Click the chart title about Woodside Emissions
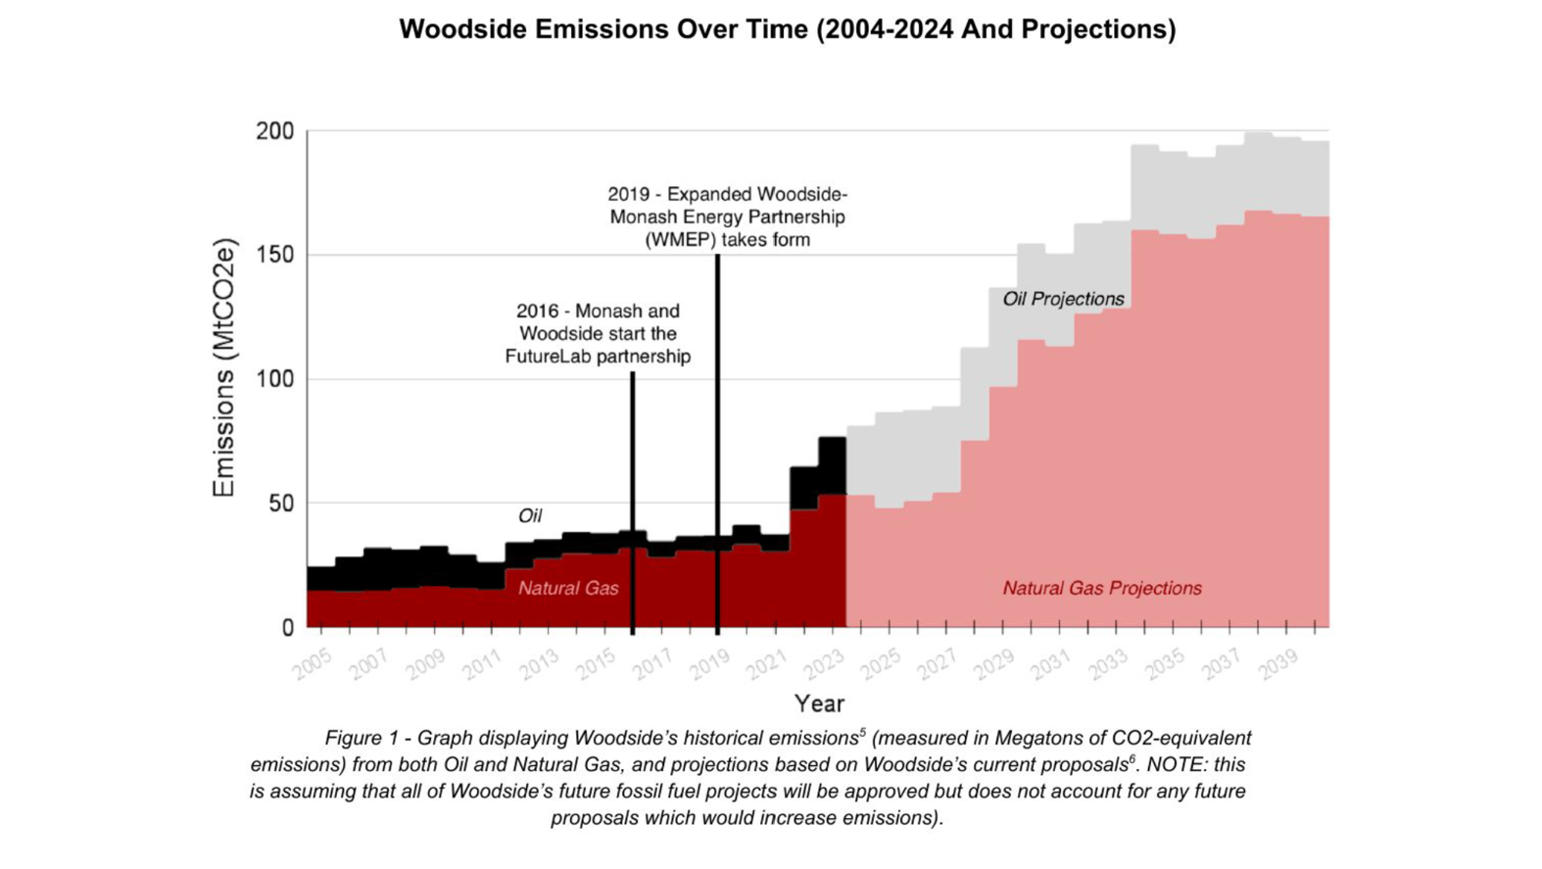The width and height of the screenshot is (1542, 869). click(787, 29)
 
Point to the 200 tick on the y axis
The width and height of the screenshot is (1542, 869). click(274, 131)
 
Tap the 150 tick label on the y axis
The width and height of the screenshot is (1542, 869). click(274, 255)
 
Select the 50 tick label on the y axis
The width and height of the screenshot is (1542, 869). click(280, 504)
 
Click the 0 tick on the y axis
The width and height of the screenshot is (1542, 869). click(287, 628)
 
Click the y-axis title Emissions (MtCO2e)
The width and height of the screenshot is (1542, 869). click(224, 367)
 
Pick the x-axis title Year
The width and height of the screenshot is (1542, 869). click(819, 703)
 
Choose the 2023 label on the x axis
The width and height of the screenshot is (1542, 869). click(825, 664)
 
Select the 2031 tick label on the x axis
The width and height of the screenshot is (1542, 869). click(1052, 664)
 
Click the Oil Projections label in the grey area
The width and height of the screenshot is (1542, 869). click(1063, 299)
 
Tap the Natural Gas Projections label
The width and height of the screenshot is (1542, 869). click(1101, 589)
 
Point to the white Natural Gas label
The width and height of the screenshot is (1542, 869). click(568, 589)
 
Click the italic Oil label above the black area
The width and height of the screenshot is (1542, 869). click(530, 515)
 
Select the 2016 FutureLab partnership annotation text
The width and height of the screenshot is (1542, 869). click(598, 334)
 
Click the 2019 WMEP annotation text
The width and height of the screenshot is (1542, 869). click(727, 217)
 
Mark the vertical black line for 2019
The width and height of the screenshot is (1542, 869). click(717, 441)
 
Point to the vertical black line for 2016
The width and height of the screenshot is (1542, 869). click(633, 500)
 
